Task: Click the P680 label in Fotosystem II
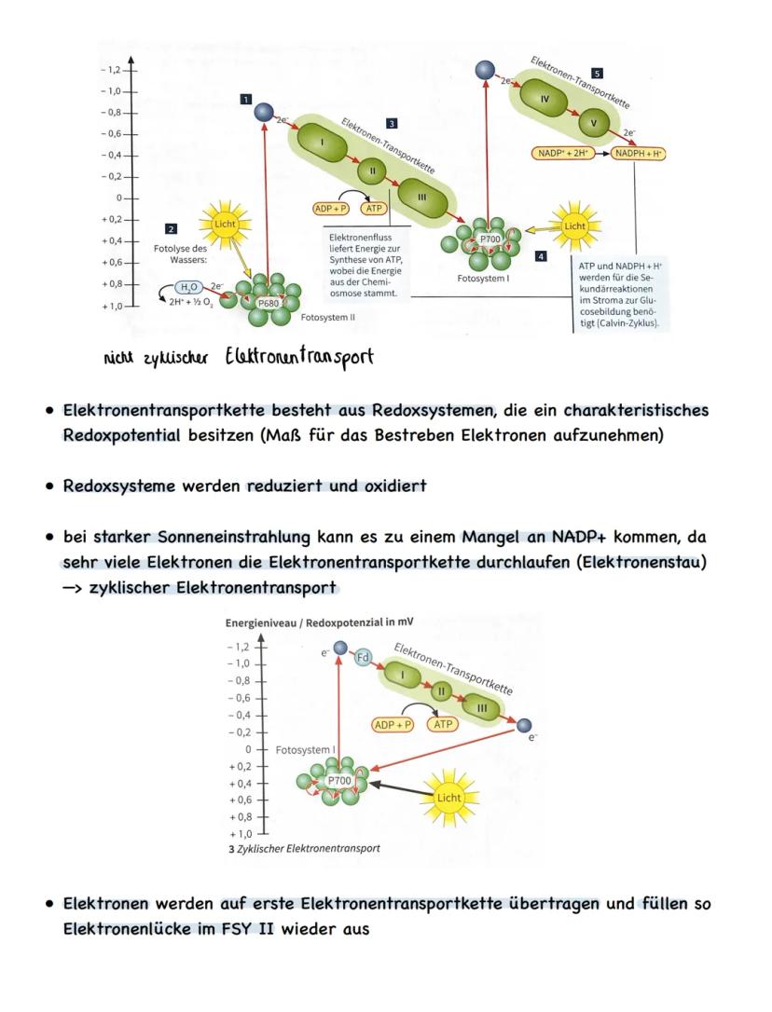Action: coord(269,302)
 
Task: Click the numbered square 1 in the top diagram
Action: coord(245,98)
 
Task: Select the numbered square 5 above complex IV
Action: coord(597,73)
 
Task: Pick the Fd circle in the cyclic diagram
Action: coord(364,657)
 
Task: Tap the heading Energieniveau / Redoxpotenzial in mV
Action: coord(319,622)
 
